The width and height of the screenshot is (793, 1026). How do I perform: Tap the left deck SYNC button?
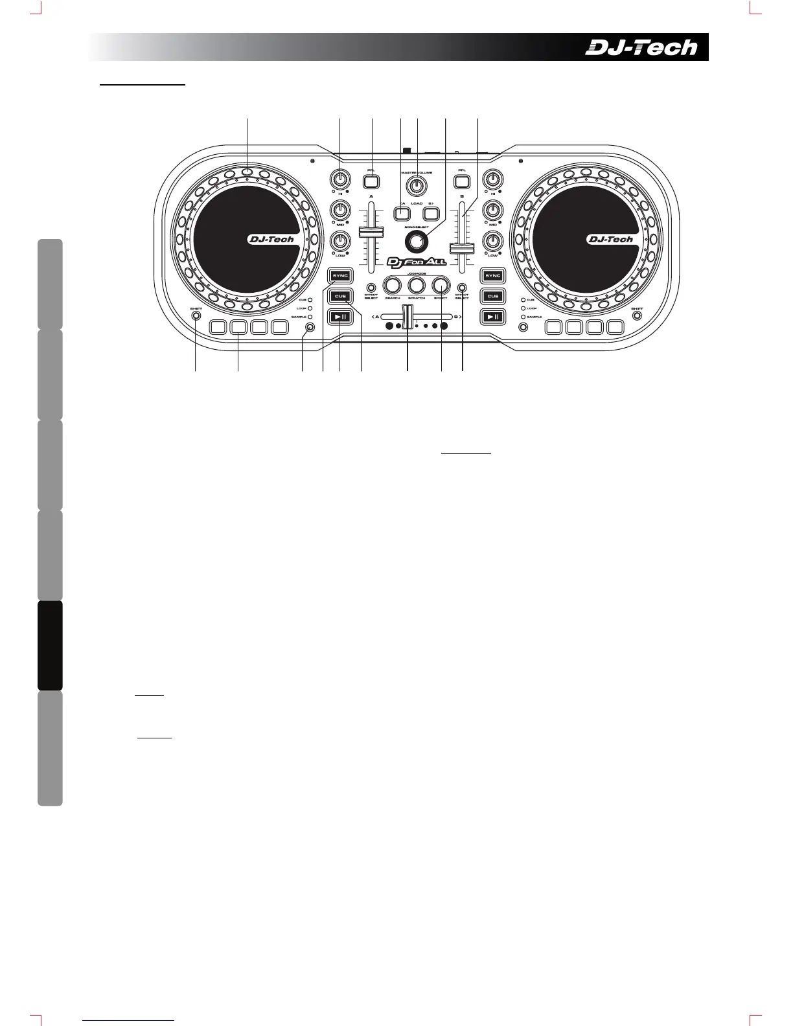pyautogui.click(x=340, y=276)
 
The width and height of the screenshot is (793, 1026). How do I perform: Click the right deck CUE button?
pyautogui.click(x=493, y=296)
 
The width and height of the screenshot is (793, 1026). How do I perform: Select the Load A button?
pyautogui.click(x=402, y=211)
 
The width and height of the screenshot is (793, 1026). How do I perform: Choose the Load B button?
pyautogui.click(x=432, y=211)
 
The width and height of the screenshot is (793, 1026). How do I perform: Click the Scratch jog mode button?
pyautogui.click(x=417, y=284)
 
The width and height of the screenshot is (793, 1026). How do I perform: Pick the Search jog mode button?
pyautogui.click(x=392, y=284)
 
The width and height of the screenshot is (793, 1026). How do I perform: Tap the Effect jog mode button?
pyautogui.click(x=441, y=284)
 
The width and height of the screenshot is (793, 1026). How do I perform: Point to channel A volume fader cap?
pyautogui.click(x=371, y=232)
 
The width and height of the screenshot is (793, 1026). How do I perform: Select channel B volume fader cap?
pyautogui.click(x=463, y=247)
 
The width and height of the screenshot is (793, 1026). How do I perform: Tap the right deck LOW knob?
pyautogui.click(x=494, y=242)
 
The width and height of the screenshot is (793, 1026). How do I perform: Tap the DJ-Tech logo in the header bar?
pyautogui.click(x=641, y=47)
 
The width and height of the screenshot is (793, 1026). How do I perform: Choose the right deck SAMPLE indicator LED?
pyautogui.click(x=523, y=317)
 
